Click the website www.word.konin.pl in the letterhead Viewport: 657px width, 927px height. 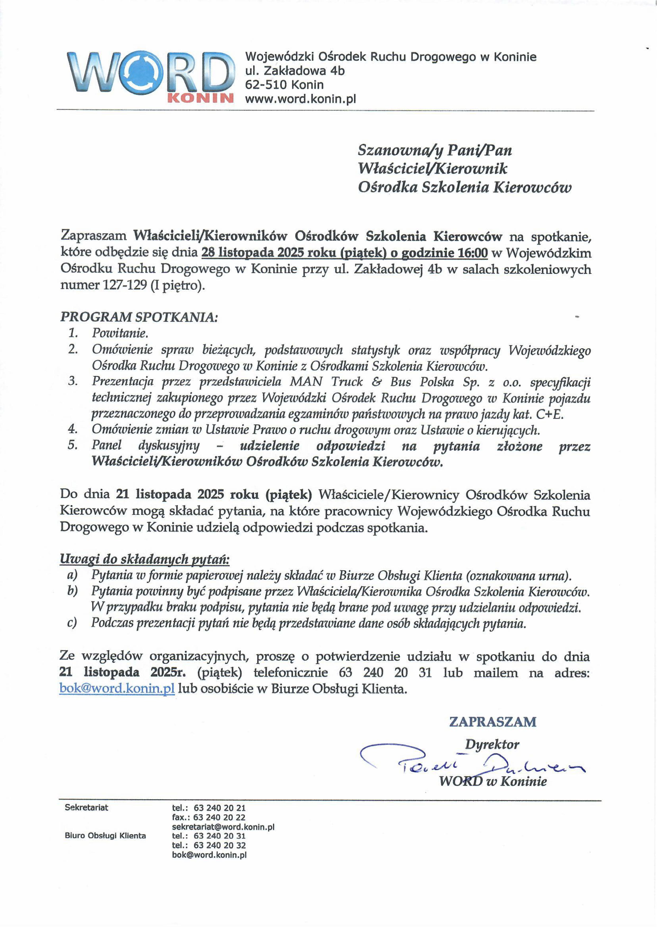pos(300,99)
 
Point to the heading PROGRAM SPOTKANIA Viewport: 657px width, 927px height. pos(139,317)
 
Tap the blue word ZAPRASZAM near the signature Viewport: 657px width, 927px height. pos(492,722)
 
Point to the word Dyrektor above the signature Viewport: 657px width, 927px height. pos(491,744)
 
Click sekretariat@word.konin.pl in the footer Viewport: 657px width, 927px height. pos(223,827)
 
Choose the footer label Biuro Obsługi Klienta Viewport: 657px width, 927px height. pos(105,836)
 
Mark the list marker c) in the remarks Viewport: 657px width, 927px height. pos(72,623)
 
